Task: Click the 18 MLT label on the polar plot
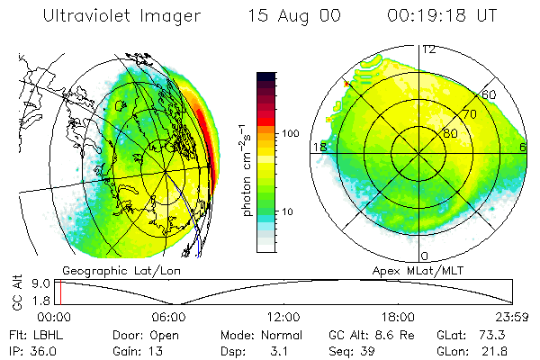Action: pos(318,147)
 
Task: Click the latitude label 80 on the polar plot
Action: pos(447,133)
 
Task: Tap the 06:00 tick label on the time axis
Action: pos(168,317)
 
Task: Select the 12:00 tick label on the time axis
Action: pos(283,317)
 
